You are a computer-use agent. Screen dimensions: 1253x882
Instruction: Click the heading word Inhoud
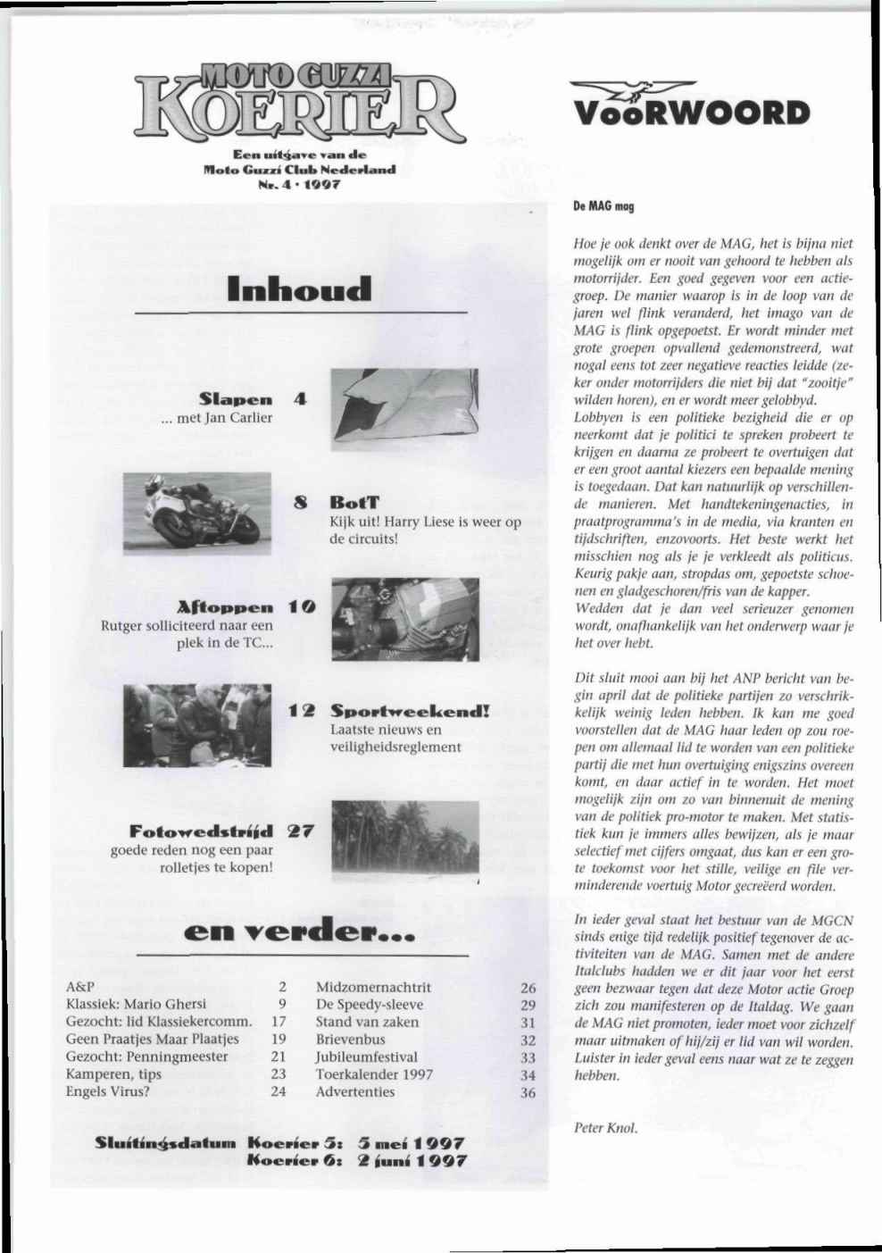[299, 288]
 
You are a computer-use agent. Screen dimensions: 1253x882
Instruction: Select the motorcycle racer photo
[196, 508]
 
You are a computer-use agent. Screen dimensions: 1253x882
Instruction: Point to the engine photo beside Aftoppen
[404, 619]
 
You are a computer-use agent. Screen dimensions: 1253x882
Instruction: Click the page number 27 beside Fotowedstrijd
[300, 831]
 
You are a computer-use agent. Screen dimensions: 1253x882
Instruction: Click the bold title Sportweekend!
[411, 712]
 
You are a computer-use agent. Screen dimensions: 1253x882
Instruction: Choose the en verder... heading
[299, 935]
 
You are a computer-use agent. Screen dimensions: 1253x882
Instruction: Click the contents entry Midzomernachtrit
[373, 987]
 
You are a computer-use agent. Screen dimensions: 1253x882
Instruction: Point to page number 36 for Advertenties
[528, 1092]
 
